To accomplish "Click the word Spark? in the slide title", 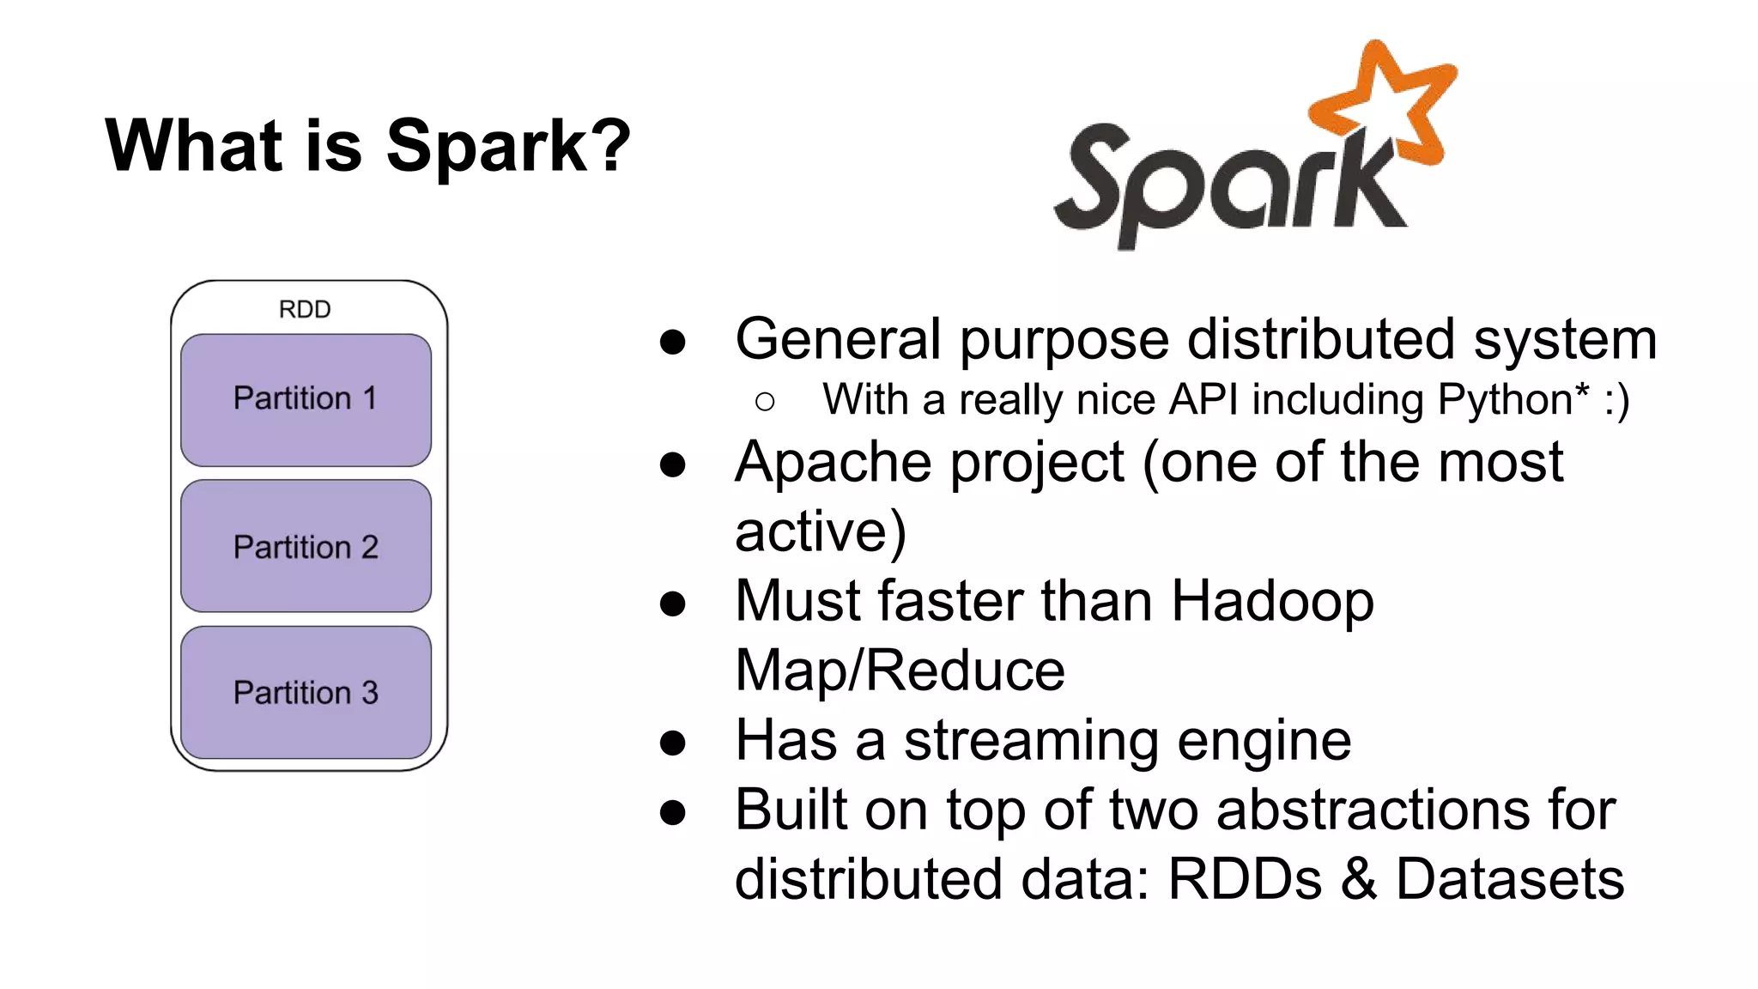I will coord(508,146).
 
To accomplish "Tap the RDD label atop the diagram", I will coord(305,309).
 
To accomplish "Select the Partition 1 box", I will coord(306,400).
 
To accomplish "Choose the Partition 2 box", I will coord(306,547).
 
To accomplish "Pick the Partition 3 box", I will coord(306,693).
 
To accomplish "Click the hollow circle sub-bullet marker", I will coord(765,401).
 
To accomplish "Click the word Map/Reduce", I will coord(900,670).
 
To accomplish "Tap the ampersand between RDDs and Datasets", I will coord(1359,879).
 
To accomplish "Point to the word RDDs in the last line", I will coord(1245,879).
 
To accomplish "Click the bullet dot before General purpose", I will coord(672,342).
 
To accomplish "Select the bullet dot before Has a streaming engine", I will coord(672,743).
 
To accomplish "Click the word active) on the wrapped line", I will coord(820,531).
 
